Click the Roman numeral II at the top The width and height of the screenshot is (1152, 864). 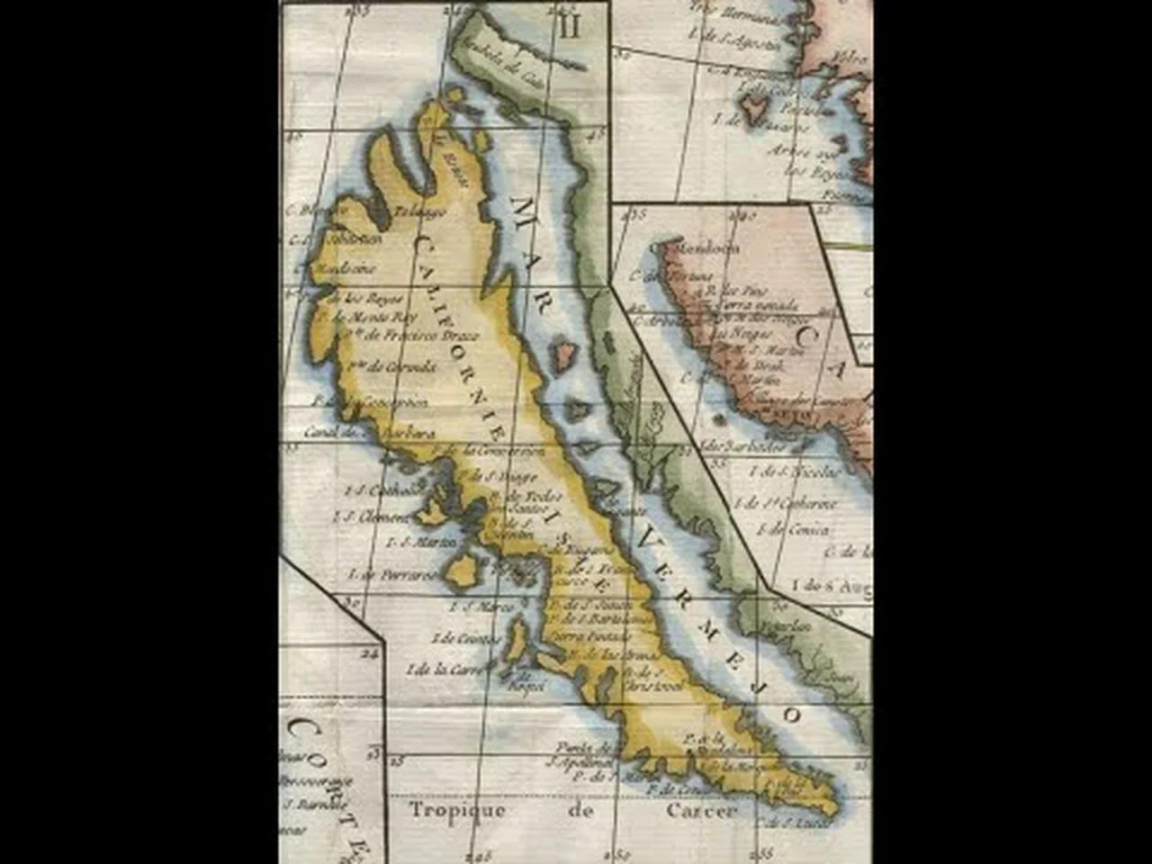tap(570, 26)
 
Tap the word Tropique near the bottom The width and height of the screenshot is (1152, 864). tap(457, 810)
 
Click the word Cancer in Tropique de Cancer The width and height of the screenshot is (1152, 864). tap(702, 810)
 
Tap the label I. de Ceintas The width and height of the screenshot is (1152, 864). tap(466, 638)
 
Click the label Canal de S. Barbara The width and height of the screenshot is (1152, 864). tap(357, 431)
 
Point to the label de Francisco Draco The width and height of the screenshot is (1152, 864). tap(409, 336)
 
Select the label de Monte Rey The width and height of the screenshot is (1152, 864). tap(361, 318)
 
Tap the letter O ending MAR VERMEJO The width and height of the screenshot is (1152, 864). tap(791, 715)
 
